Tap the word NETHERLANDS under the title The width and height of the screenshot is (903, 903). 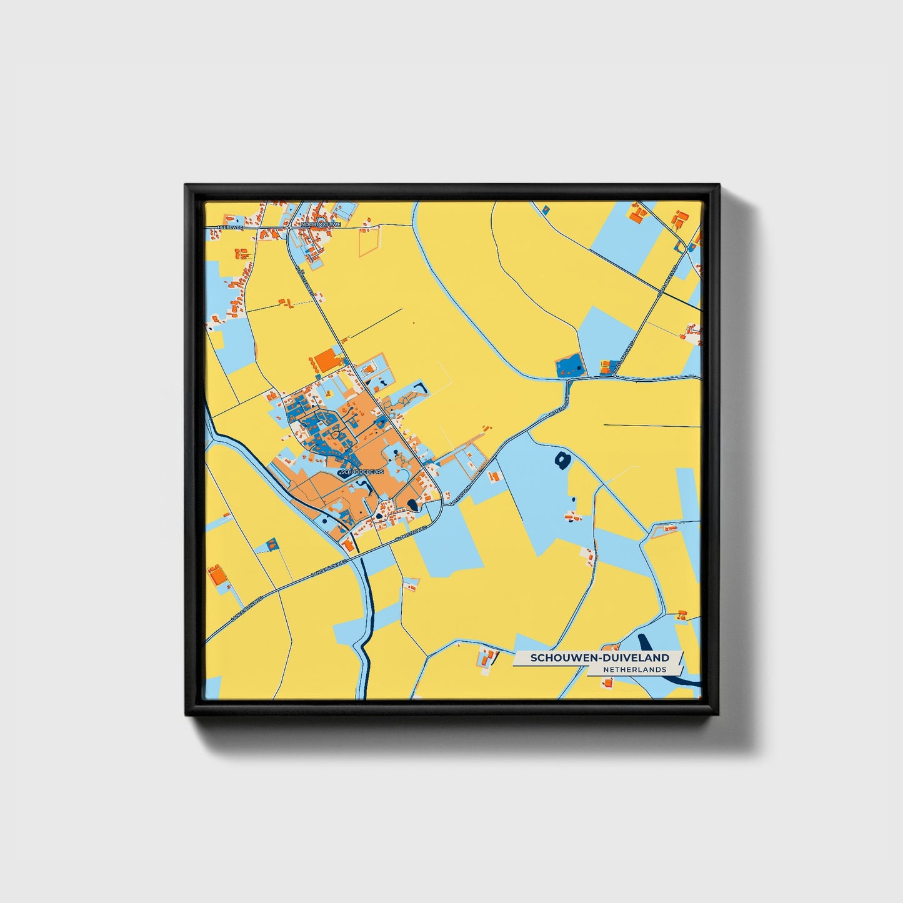tap(634, 669)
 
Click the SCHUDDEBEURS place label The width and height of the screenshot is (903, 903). tap(362, 471)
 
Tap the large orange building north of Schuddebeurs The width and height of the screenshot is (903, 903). tap(326, 360)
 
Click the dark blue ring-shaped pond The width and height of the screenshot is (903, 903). tap(562, 461)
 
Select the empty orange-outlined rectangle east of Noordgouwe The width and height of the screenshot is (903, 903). tap(369, 241)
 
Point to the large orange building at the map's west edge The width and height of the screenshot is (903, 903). tap(216, 573)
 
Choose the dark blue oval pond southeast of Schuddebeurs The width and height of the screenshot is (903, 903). tap(412, 505)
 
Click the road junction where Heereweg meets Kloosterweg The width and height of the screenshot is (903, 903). tap(289, 228)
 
